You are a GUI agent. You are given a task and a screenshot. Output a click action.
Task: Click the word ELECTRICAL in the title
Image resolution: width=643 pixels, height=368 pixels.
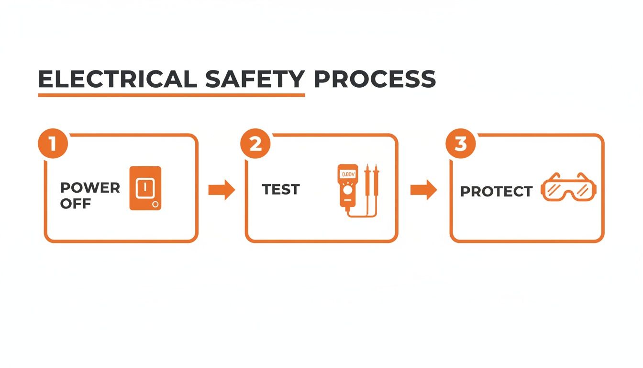(x=117, y=79)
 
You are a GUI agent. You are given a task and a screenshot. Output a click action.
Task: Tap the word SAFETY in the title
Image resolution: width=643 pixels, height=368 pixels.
(x=255, y=79)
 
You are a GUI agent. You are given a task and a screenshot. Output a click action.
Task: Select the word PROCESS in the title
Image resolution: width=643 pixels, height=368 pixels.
(x=375, y=79)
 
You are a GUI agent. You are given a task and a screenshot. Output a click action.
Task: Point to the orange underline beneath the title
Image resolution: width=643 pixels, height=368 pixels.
(x=171, y=95)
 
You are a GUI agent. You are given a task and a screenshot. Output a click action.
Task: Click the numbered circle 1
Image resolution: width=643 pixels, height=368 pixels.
(x=52, y=144)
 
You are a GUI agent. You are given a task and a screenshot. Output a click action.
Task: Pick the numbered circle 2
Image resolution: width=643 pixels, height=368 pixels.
(x=255, y=144)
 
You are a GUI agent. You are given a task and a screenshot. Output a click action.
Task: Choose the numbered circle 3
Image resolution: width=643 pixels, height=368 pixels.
(x=460, y=144)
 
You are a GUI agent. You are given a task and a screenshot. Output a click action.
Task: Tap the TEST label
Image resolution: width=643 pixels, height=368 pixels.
(x=281, y=190)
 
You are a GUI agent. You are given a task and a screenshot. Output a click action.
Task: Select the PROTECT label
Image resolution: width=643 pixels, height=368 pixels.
(x=496, y=192)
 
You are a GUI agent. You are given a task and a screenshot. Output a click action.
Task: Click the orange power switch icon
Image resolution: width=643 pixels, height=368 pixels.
(x=145, y=188)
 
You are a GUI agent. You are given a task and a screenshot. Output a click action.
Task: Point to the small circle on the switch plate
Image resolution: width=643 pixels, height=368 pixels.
(x=155, y=205)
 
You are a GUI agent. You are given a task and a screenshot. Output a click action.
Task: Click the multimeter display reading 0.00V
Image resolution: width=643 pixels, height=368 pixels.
(x=348, y=174)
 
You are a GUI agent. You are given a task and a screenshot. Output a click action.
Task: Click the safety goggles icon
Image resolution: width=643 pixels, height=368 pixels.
(x=568, y=187)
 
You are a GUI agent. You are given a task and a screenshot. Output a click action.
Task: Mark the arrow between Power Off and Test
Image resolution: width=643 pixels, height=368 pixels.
(x=222, y=190)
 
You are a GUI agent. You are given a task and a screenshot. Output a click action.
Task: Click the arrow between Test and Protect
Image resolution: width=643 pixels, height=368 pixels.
(x=423, y=190)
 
